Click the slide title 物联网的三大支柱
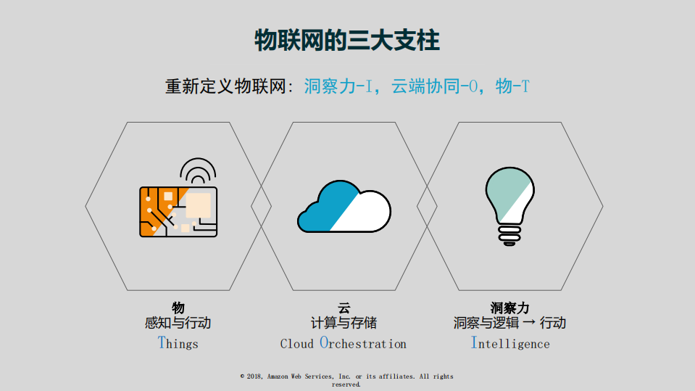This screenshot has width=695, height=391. point(347,41)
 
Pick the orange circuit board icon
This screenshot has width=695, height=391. point(178,211)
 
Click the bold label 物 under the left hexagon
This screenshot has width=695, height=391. point(178,308)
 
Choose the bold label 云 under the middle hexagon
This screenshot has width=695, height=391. point(344,308)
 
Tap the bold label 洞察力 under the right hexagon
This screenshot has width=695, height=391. point(509,308)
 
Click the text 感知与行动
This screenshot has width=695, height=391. point(178,323)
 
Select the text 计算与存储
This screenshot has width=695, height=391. point(344,323)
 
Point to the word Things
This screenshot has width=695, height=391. point(178,343)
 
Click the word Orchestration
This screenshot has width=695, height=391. point(363,343)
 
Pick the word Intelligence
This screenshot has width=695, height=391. point(510,343)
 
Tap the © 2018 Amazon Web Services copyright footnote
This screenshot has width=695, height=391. point(346,380)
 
